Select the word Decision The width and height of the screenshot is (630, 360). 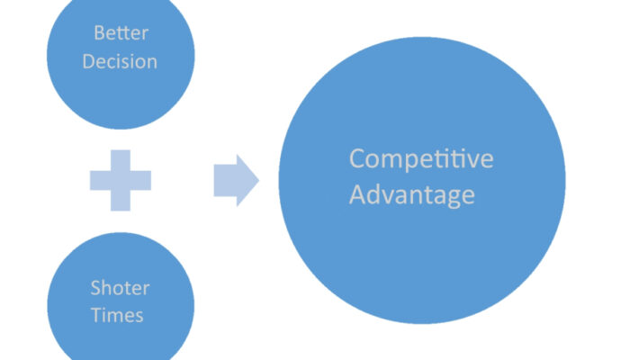(x=120, y=61)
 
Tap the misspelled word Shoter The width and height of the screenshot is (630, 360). (x=120, y=288)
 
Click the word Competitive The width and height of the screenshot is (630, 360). (x=421, y=159)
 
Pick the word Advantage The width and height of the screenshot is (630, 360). (x=411, y=194)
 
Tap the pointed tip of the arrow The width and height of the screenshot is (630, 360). (x=257, y=179)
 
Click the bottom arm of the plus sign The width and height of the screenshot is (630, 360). (x=120, y=201)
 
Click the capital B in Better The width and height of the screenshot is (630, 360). (x=99, y=34)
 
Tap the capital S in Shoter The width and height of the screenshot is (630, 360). (x=94, y=288)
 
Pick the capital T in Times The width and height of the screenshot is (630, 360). (x=98, y=316)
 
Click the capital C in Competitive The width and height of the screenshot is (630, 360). (x=357, y=159)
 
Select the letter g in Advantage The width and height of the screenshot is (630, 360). (x=454, y=197)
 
